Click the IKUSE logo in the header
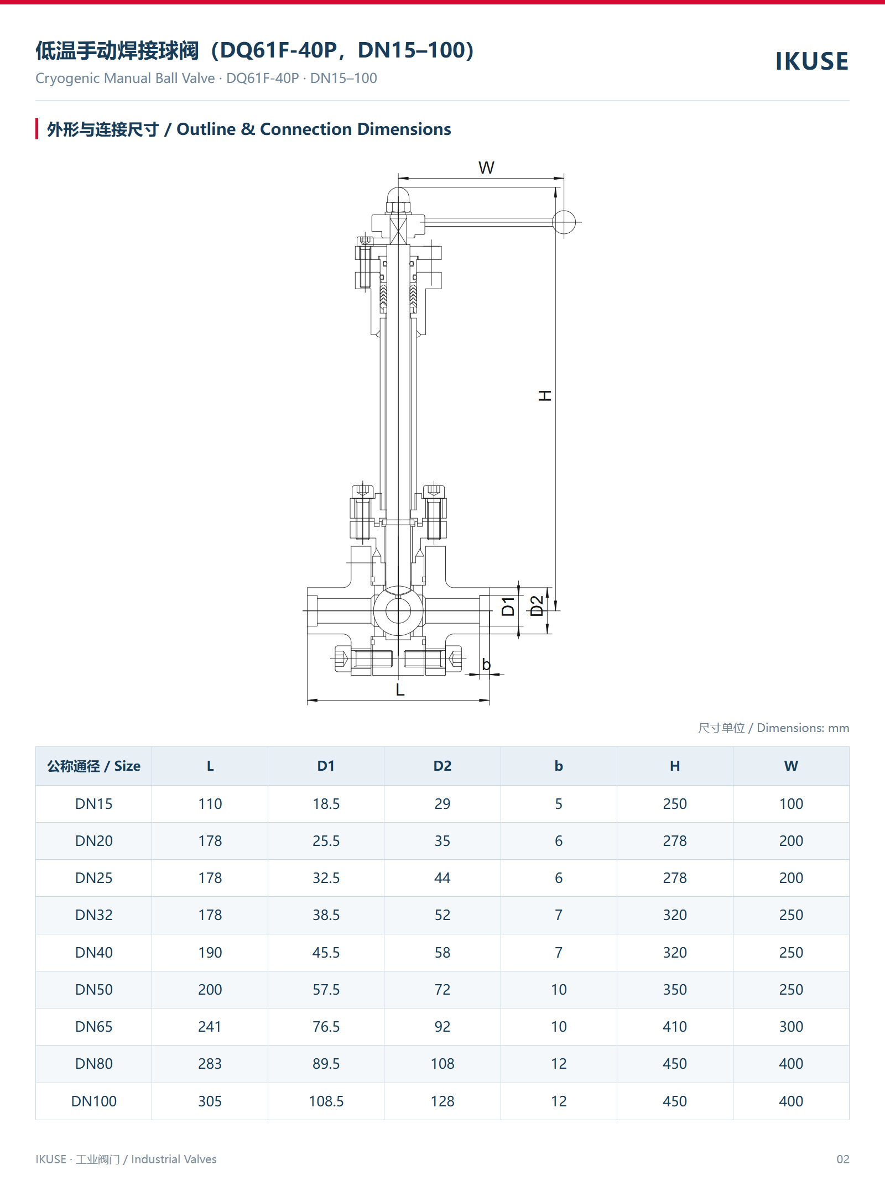click(x=811, y=61)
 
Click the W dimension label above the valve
click(x=486, y=168)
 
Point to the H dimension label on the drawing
click(x=545, y=395)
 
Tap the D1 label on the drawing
click(x=508, y=607)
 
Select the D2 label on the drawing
click(x=537, y=606)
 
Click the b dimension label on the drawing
click(x=486, y=664)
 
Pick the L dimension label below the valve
click(x=400, y=689)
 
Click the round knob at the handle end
click(x=564, y=222)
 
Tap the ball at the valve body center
click(x=398, y=611)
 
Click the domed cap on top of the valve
click(x=398, y=195)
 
